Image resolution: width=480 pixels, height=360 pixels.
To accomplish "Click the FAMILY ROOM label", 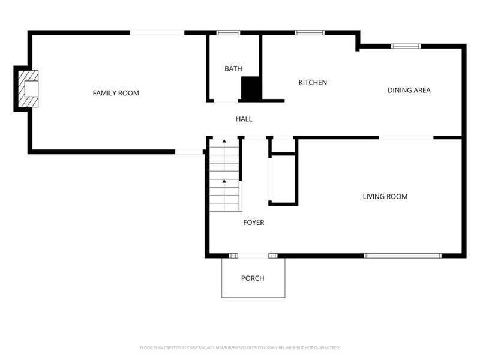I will click(x=116, y=93).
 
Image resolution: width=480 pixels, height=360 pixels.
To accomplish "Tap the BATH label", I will click(x=233, y=69).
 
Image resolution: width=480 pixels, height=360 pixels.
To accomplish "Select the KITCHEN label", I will click(x=313, y=82).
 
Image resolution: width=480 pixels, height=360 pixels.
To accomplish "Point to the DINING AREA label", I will click(x=409, y=91).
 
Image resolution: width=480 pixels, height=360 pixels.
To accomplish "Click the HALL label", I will click(x=244, y=119).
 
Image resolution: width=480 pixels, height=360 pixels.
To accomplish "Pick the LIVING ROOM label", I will click(x=385, y=196).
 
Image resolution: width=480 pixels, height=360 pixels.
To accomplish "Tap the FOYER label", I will click(x=253, y=223).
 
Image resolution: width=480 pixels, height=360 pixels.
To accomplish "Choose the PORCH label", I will click(x=253, y=278).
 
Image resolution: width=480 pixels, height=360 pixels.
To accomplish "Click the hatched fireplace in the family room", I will click(x=28, y=89).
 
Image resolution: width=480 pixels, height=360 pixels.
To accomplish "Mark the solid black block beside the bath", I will click(x=251, y=89).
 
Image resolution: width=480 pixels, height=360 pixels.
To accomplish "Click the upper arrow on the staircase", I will click(x=224, y=142).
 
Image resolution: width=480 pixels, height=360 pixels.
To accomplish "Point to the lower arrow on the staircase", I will click(x=224, y=181).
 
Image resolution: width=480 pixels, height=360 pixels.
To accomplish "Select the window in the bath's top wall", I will click(x=228, y=32).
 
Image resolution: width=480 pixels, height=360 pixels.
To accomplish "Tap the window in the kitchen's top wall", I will click(x=309, y=32).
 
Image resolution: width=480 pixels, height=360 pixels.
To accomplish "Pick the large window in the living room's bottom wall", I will click(x=403, y=256).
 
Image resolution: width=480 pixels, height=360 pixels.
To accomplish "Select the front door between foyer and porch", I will click(x=254, y=256).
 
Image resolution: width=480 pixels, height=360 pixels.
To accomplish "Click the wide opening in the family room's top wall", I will click(x=157, y=32).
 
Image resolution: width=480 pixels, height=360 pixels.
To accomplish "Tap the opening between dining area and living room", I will click(x=406, y=137).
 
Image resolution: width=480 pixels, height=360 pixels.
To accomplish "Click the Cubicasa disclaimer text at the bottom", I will click(x=239, y=347).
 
